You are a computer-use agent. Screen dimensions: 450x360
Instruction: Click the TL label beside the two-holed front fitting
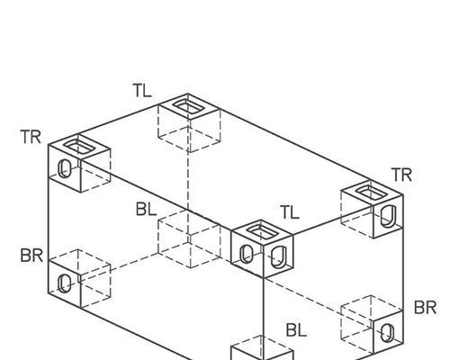pos(290,212)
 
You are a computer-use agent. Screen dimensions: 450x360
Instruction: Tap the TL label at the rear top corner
pos(142,91)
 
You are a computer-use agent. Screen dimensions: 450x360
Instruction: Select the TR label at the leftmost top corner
pos(31,137)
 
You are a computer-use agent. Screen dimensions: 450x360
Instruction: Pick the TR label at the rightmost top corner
pos(401,175)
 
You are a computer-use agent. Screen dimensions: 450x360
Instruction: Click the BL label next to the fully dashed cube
pos(146,209)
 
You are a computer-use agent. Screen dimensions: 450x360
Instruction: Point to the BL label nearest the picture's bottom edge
pos(296,330)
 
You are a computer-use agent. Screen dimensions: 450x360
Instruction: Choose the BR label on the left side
pos(31,256)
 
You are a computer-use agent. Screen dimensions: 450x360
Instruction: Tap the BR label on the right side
pos(425,308)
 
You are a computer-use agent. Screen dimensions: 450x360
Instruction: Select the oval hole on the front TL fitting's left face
pos(247,255)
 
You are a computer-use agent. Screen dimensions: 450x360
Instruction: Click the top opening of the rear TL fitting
pos(188,107)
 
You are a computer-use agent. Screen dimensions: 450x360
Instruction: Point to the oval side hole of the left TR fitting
pos(65,168)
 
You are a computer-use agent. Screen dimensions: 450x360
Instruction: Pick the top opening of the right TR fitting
pos(371,193)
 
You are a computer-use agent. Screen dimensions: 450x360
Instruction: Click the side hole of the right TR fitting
pos(389,216)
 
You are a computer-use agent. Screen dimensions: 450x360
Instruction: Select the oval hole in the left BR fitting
pos(65,283)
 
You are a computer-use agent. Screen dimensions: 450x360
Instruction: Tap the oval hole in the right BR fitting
pos(387,332)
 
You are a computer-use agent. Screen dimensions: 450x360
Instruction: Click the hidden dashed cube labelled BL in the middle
pos(190,238)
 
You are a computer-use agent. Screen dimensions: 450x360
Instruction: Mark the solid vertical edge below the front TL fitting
pos(263,307)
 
